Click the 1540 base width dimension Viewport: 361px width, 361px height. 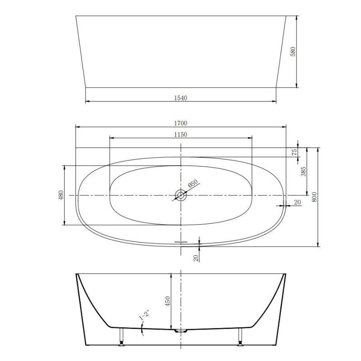pos(180,98)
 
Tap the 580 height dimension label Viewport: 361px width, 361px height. pos(293,51)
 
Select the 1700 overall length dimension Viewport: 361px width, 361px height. pos(180,123)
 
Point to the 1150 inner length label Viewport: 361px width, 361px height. pos(180,134)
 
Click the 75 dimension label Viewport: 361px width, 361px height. pos(295,152)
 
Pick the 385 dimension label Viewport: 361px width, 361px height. pos(303,171)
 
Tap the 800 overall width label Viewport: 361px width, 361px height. pos(314,197)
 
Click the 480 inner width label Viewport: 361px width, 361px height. pos(61,195)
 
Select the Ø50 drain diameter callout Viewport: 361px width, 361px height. pos(193,183)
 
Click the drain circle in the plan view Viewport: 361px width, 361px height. pos(181,195)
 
